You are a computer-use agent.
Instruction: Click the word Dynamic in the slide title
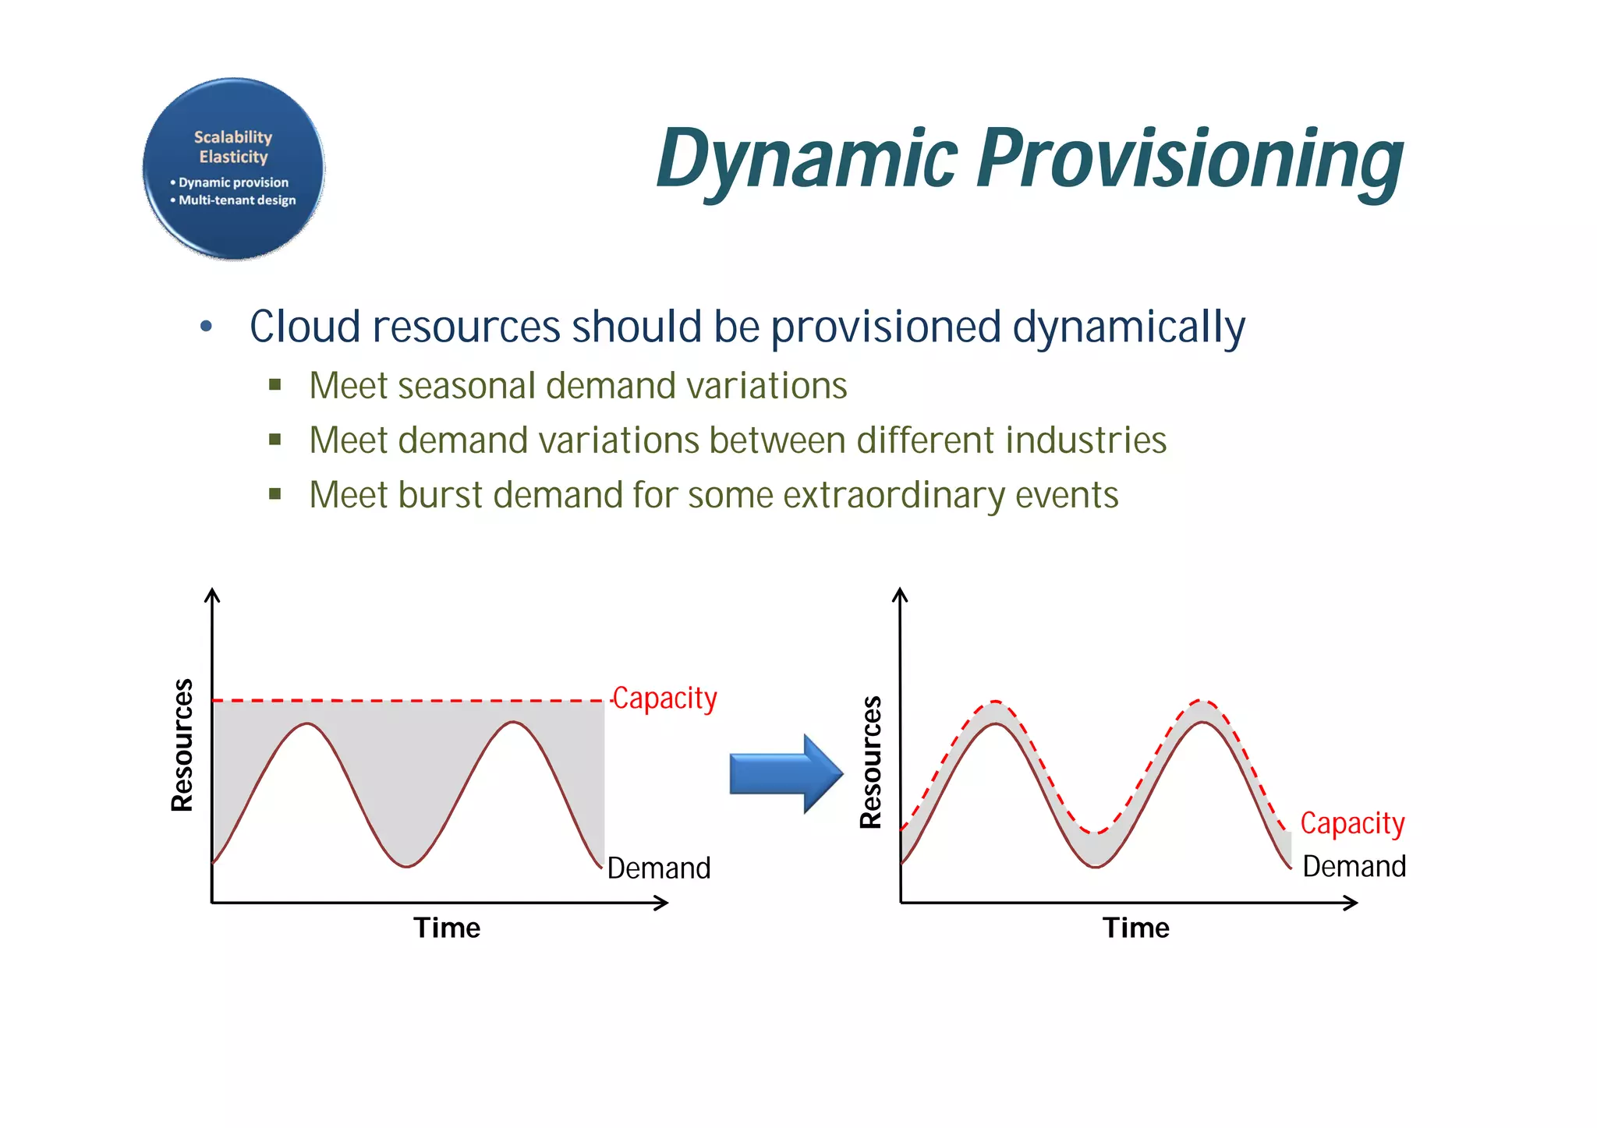807,160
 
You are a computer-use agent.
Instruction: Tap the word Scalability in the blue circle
233,137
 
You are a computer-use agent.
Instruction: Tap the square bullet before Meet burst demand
274,493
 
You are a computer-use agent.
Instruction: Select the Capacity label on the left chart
664,698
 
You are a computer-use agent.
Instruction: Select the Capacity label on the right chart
1352,823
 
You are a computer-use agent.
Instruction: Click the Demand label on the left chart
659,868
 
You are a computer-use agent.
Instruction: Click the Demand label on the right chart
1354,867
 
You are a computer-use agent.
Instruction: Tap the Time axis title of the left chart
447,928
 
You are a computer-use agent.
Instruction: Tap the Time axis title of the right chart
1135,928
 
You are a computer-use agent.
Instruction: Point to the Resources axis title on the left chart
182,745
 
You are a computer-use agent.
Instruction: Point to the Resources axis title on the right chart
870,762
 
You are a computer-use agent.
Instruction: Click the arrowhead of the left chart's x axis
663,903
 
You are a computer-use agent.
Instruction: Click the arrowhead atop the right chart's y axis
900,595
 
